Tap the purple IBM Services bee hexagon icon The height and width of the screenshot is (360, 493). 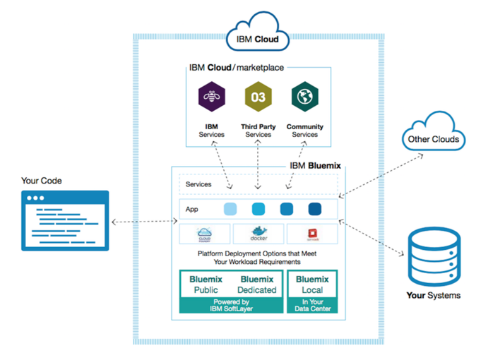(x=211, y=97)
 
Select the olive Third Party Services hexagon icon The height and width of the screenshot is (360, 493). (x=258, y=97)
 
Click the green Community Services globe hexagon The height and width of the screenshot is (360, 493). (x=304, y=97)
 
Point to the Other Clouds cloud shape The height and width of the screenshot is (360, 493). (x=433, y=138)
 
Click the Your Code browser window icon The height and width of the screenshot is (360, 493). (x=65, y=221)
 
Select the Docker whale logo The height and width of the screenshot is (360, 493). (x=258, y=234)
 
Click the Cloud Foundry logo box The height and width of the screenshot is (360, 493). (x=206, y=234)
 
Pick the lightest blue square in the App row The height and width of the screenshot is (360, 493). (x=230, y=209)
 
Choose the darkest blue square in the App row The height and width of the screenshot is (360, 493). (x=314, y=209)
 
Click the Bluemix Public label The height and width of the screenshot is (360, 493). (x=206, y=284)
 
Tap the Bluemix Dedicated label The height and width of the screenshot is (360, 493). (x=257, y=284)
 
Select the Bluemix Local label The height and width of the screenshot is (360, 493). (x=312, y=284)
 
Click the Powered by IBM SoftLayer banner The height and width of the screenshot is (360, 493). (x=231, y=305)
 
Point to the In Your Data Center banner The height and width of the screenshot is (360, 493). (x=312, y=305)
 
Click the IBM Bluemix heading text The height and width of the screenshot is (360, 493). (x=316, y=165)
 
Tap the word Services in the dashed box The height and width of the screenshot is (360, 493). (x=198, y=185)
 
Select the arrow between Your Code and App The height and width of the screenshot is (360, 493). (x=144, y=222)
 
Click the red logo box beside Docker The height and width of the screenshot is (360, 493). (x=311, y=234)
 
